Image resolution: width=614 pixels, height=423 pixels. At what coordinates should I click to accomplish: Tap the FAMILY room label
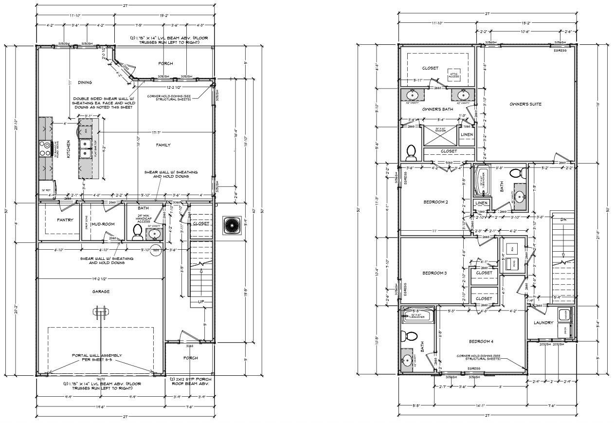(x=163, y=145)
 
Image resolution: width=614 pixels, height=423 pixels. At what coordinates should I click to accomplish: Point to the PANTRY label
(x=65, y=220)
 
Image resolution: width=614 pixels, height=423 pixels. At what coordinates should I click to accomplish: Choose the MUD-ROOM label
(x=102, y=225)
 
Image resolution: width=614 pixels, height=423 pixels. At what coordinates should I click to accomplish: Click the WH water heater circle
(x=156, y=250)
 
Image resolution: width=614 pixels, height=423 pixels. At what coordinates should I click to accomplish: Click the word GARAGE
(x=101, y=292)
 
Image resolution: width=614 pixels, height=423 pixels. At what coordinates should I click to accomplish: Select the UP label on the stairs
(x=201, y=303)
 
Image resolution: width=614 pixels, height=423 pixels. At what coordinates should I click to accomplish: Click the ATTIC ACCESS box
(x=454, y=74)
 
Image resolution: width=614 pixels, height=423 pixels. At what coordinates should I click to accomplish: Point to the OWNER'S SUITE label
(x=525, y=104)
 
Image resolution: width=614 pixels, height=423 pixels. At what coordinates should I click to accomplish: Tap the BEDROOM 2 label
(x=435, y=202)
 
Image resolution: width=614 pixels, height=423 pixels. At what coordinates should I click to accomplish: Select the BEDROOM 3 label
(x=434, y=273)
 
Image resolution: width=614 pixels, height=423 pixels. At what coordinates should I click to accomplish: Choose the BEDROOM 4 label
(x=481, y=341)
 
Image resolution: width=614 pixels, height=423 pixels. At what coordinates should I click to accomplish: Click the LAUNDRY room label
(x=543, y=323)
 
